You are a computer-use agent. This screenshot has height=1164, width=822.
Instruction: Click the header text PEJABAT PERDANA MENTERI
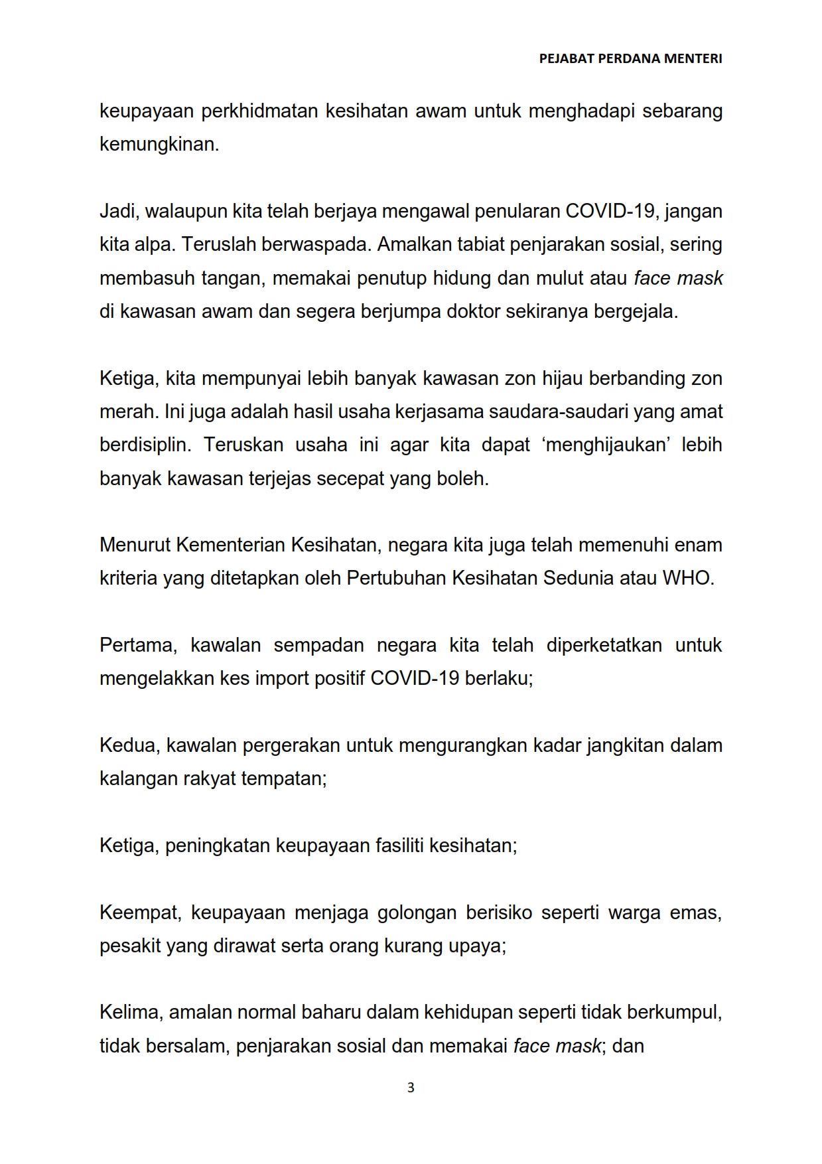(630, 58)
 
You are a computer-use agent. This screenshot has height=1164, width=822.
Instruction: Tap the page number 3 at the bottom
(411, 1088)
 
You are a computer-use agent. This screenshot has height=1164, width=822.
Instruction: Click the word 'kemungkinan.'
(159, 144)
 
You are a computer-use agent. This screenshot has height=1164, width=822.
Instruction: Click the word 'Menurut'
(135, 545)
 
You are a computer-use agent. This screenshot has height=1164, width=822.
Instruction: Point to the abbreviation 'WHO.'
(688, 578)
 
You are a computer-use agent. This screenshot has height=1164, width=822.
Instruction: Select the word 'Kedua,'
(129, 745)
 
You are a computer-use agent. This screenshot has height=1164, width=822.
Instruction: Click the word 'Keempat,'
(140, 912)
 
